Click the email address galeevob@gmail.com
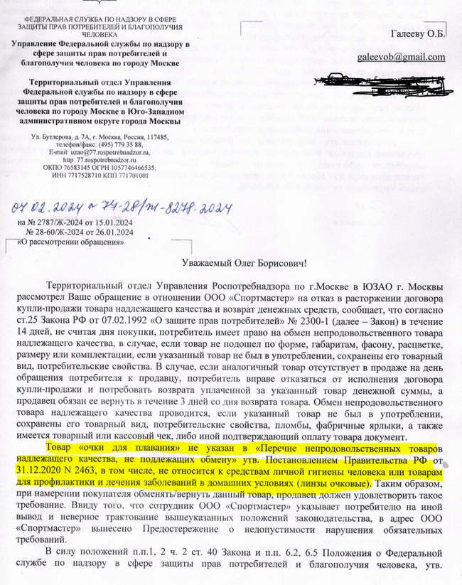click(x=402, y=57)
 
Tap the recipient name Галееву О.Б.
click(x=417, y=33)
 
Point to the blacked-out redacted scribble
click(x=380, y=85)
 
